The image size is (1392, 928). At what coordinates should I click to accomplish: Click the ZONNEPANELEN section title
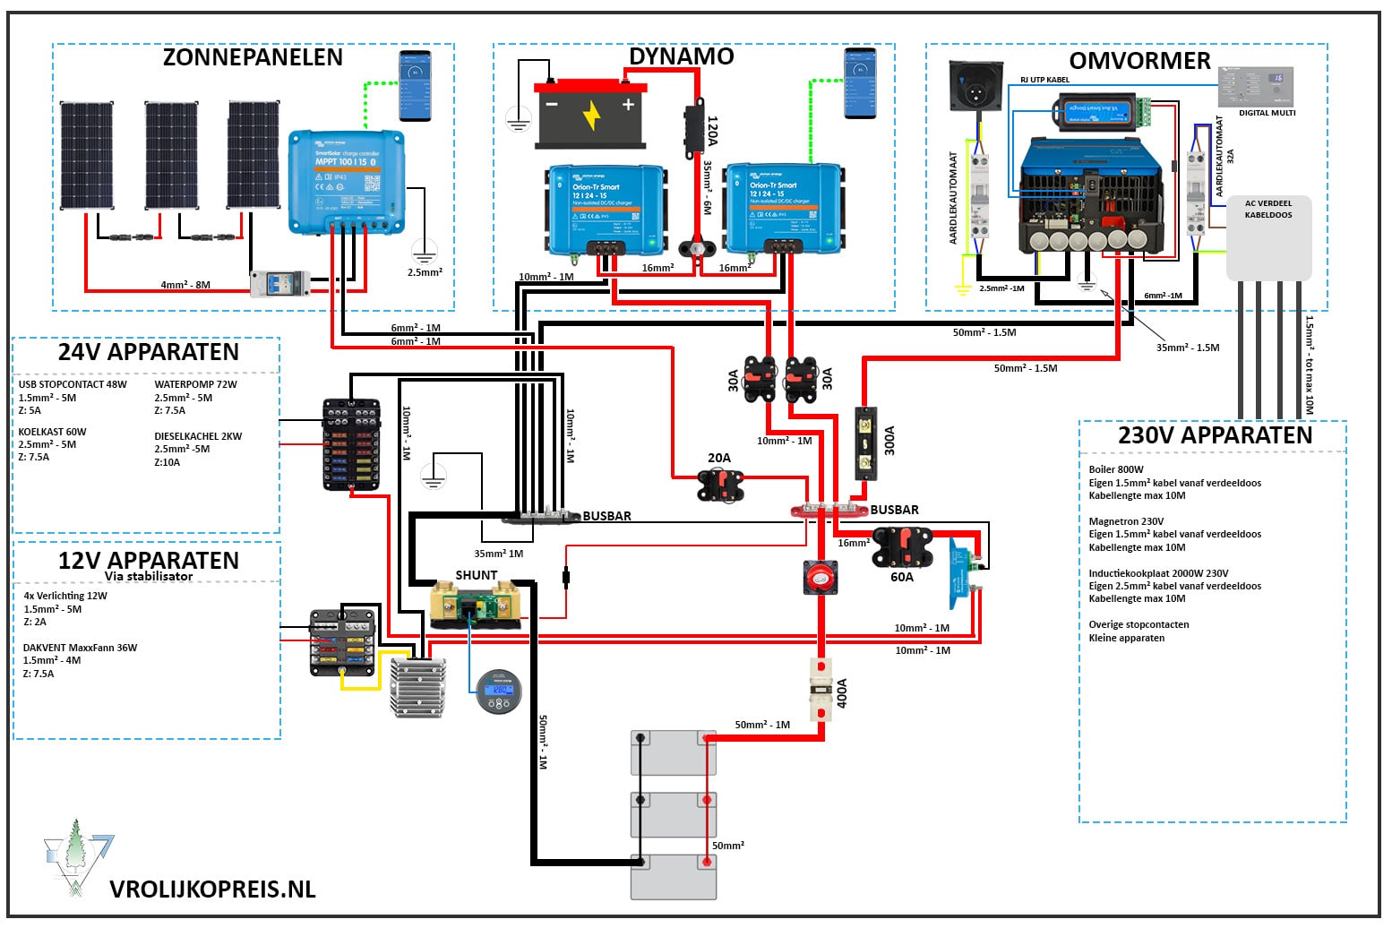coord(253,57)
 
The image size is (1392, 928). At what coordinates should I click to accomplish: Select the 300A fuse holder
coord(865,443)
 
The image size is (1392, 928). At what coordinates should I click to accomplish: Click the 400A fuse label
coord(842,692)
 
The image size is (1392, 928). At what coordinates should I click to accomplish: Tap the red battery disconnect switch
coord(820,578)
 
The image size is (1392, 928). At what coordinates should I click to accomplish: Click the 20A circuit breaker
coord(720,485)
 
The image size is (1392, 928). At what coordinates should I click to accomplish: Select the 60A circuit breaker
coord(902,547)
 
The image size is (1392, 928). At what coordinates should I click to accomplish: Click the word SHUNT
coord(477,575)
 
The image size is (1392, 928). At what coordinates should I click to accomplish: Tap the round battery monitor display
coord(499,692)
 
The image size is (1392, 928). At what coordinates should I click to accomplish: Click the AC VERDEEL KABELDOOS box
coord(1268,237)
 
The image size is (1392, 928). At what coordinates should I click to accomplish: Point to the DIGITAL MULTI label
coord(1267,113)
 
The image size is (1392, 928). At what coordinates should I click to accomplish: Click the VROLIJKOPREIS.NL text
coord(212,889)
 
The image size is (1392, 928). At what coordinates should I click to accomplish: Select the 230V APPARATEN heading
coord(1215,435)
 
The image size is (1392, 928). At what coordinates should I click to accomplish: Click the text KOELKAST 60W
coord(52,432)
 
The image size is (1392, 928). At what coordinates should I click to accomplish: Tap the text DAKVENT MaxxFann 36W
coord(80,648)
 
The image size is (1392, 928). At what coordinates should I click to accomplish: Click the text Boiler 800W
coord(1116,469)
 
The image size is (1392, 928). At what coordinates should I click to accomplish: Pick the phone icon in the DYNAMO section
coord(860,82)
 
